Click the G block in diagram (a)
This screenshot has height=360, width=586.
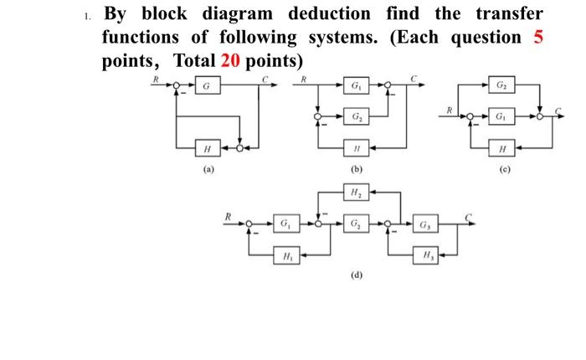point(207,86)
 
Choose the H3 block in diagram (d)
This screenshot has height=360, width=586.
point(424,255)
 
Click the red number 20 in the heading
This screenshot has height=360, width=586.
point(232,61)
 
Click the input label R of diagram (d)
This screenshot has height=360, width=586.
point(226,216)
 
